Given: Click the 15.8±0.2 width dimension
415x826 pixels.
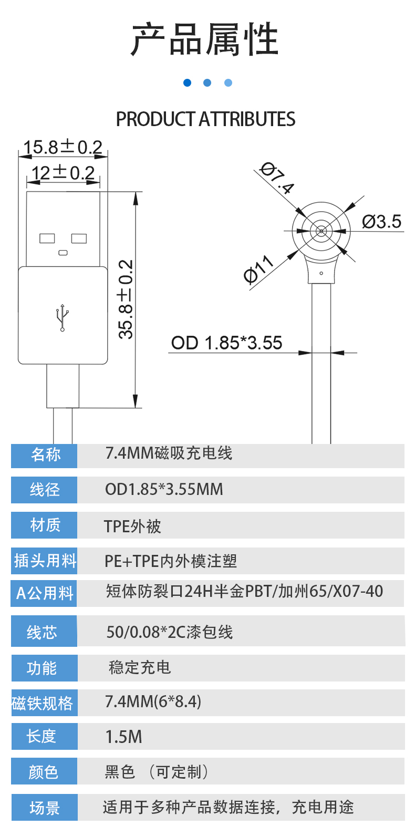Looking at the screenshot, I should (63, 147).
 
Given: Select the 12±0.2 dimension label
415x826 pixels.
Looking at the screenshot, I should (63, 173).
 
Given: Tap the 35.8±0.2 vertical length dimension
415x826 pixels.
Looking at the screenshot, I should (126, 300).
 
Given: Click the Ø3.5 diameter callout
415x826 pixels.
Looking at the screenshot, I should (381, 222).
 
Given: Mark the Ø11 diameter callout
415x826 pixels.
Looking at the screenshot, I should (258, 270).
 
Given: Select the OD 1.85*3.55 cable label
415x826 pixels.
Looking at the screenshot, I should (226, 343).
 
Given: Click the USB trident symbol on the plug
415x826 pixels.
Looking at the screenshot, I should (63, 317).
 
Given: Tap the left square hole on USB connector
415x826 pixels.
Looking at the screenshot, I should (47, 239).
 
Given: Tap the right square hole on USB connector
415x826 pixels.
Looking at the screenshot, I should (79, 239).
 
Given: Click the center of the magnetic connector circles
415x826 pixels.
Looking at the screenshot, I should (321, 231).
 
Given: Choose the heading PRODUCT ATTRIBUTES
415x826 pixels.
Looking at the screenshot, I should (205, 119).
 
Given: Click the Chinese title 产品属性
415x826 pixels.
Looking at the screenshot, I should (205, 39).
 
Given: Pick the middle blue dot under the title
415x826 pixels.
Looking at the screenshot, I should (207, 83).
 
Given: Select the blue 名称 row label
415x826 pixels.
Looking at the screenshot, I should (45, 455).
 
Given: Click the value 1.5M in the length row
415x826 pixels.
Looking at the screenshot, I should (124, 737).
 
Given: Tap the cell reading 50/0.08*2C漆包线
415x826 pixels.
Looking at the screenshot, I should (169, 632).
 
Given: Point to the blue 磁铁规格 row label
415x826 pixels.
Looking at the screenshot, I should (43, 703).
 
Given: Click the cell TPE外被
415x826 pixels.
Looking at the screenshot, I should (132, 526).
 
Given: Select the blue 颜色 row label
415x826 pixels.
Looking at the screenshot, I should (44, 772).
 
